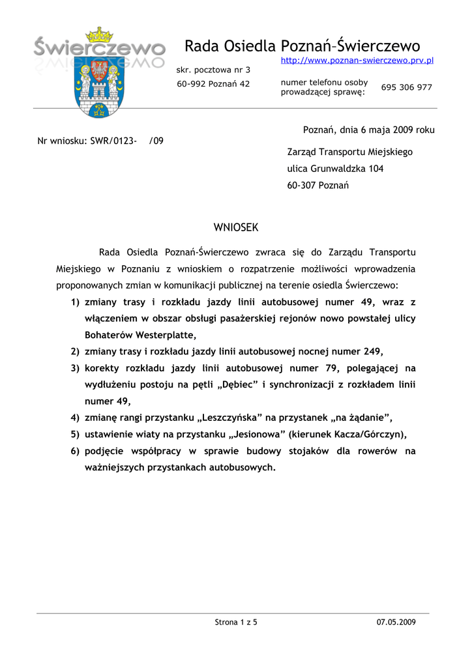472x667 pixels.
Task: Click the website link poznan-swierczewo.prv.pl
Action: coord(357,61)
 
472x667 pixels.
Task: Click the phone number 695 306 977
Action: coord(406,87)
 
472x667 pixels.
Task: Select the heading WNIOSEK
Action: coord(236,227)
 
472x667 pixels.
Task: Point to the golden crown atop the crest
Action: coord(100,34)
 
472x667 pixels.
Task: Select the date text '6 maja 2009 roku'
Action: coord(398,130)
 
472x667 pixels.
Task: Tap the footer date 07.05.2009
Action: coord(396,622)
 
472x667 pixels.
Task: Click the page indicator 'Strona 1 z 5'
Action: coord(236,622)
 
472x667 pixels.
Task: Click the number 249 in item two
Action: coord(372,352)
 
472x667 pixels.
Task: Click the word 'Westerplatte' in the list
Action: coord(166,335)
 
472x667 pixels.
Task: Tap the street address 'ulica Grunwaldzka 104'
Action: coord(335,169)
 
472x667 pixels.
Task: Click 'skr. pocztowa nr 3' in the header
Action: coord(213,70)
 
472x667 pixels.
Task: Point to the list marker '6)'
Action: coord(75,451)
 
